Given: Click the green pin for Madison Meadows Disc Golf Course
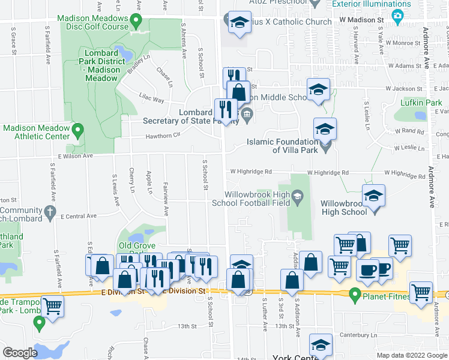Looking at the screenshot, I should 137,23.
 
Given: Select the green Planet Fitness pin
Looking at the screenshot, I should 355,295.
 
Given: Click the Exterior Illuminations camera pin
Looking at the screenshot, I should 397,17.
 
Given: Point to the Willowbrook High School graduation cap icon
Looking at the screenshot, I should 373,196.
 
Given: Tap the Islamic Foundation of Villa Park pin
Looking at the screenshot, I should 325,145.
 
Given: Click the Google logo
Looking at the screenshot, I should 20,353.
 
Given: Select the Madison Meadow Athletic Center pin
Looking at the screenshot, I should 77,129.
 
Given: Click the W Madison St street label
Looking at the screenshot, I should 361,20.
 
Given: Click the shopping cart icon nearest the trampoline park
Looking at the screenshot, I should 53,305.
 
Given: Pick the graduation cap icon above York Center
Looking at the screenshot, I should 320,344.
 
